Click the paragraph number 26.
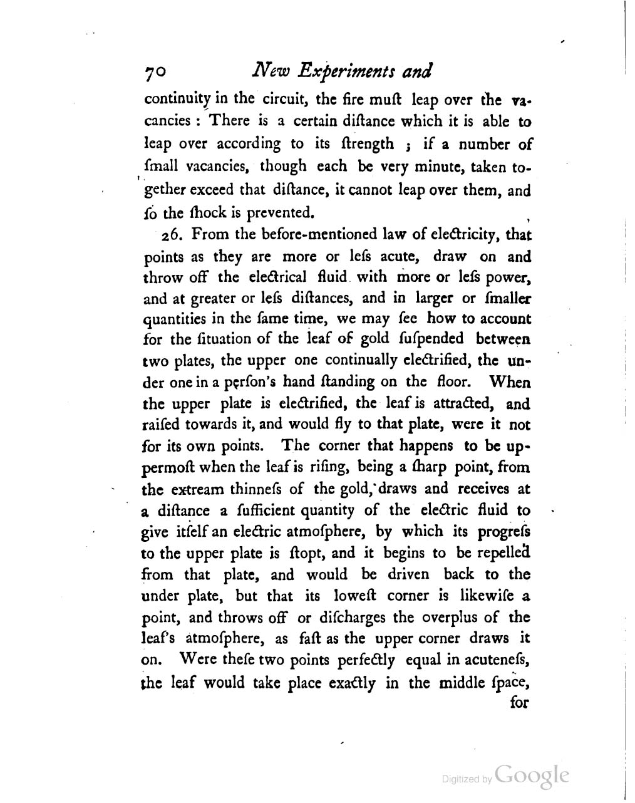(x=172, y=235)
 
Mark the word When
(x=509, y=381)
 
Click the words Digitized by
(x=467, y=779)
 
